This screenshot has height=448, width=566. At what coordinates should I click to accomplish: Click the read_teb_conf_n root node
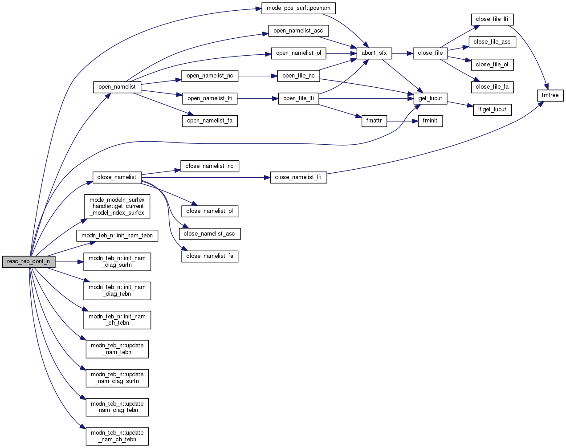pos(29,262)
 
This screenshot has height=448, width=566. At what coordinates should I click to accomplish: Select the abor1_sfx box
pos(374,53)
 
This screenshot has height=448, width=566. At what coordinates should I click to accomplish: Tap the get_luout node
pos(430,98)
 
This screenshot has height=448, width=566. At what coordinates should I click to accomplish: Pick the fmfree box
pos(550,95)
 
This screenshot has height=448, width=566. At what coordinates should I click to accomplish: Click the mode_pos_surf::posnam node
pos(298,8)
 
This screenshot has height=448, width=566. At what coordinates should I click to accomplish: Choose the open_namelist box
pos(117,87)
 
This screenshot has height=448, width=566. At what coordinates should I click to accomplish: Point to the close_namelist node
pos(117,177)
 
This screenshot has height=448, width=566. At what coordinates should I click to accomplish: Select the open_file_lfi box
pos(298,98)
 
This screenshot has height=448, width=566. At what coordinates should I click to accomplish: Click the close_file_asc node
pos(492,42)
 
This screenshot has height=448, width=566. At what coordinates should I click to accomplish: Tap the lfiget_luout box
pos(492,110)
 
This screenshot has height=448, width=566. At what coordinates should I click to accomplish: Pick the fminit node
pos(430,121)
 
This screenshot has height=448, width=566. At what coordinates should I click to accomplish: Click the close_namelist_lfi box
pos(298,177)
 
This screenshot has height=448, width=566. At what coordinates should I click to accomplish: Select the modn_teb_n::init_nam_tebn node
pos(117,236)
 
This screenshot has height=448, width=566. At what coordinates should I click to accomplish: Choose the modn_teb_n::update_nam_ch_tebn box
pos(117,436)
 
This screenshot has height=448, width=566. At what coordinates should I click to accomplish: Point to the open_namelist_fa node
pos(210,121)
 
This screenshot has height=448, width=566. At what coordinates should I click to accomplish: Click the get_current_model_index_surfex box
pos(117,206)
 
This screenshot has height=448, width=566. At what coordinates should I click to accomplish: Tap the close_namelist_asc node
pos(209,234)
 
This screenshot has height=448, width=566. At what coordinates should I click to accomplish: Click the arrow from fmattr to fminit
pos(403,121)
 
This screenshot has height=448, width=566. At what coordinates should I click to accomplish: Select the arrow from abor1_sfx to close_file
pos(403,53)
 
